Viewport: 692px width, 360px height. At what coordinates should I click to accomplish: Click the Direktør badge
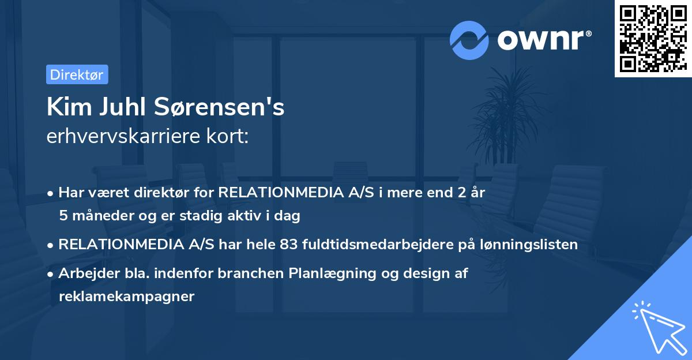click(x=77, y=75)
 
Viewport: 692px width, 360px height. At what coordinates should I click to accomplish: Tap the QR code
click(x=653, y=39)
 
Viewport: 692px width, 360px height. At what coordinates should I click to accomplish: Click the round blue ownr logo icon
click(x=469, y=40)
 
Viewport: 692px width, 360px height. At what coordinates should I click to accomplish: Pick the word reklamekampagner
click(x=127, y=297)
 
